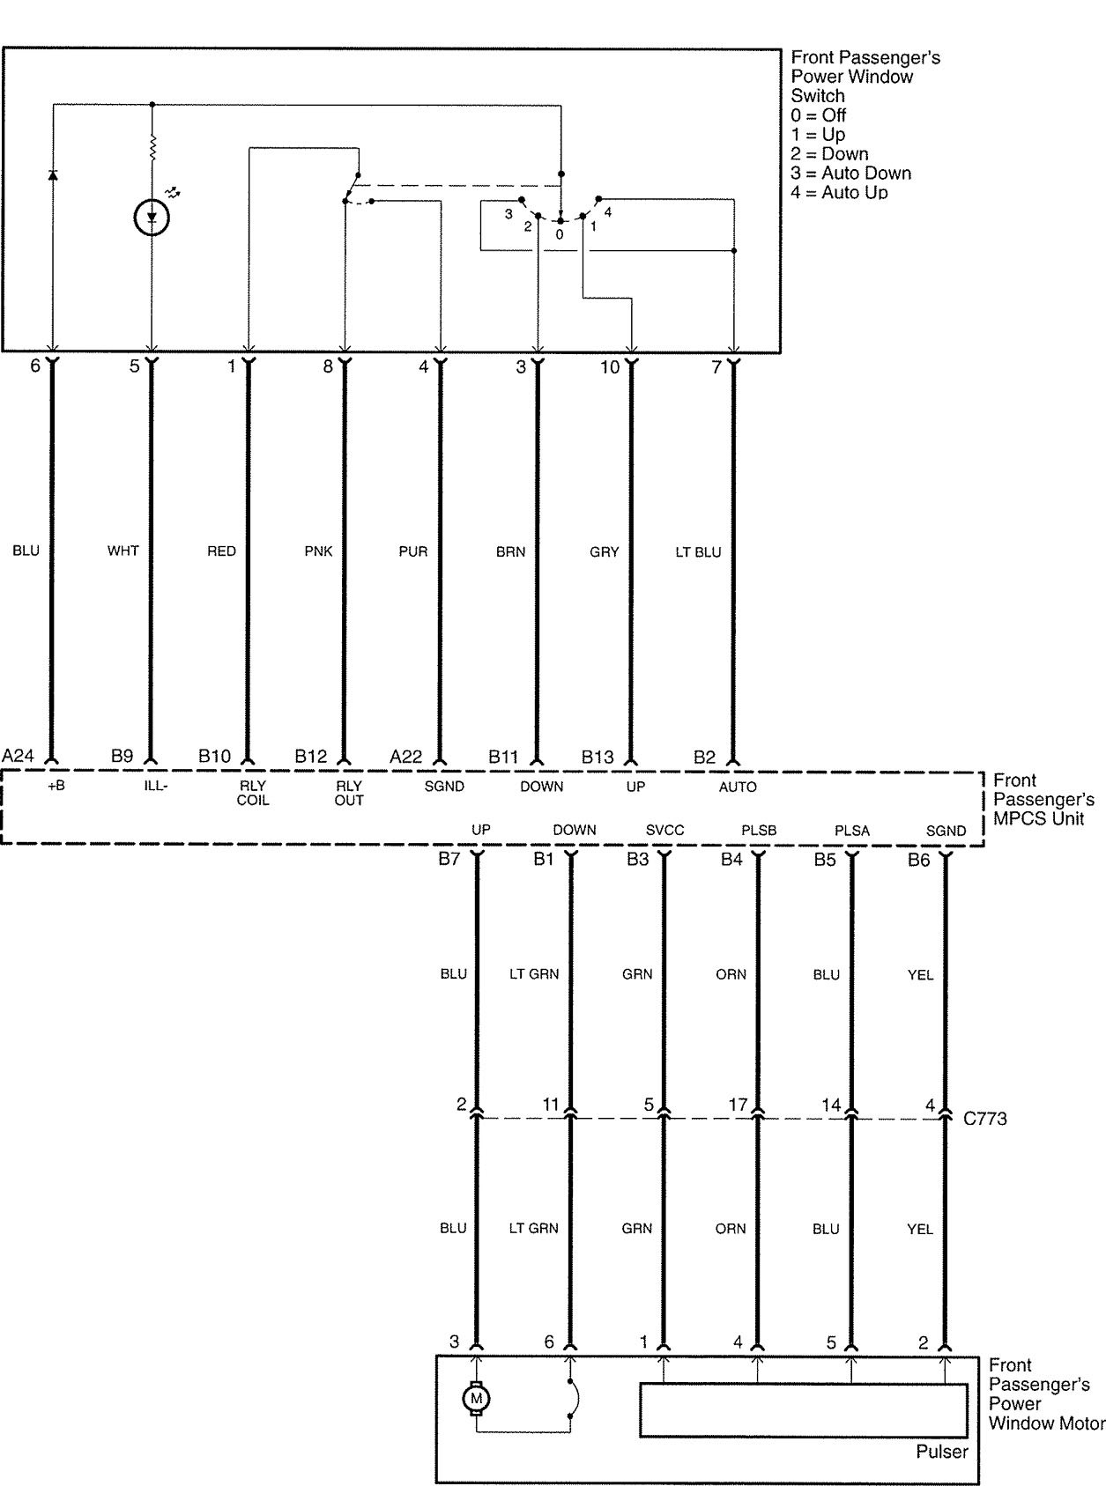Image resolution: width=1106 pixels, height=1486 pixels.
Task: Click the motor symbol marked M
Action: tap(477, 1399)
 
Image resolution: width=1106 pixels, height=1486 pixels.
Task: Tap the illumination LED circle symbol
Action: tap(152, 218)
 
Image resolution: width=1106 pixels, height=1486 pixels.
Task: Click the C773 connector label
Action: tap(984, 1119)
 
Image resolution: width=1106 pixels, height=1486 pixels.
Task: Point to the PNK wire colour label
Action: tap(318, 551)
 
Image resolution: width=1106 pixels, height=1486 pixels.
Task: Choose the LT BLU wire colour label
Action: tap(698, 552)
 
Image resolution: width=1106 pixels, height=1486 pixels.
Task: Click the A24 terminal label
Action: tap(18, 756)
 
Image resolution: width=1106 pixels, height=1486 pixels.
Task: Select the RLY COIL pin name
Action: tap(252, 793)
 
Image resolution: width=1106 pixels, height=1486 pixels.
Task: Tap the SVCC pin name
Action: tap(664, 830)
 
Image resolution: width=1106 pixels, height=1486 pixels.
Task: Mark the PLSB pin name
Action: tap(759, 830)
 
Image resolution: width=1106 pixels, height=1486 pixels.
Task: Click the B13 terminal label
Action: tap(598, 757)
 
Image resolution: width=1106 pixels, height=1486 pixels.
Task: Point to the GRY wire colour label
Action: tap(604, 552)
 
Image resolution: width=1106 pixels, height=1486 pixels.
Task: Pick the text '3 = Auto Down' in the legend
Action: tap(850, 174)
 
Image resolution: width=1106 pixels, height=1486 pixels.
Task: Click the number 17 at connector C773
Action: tap(738, 1104)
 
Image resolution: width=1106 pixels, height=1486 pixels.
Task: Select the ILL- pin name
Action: tap(155, 786)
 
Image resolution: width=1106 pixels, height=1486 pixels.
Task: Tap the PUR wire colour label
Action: tap(412, 551)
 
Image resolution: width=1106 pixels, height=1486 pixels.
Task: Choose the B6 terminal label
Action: tap(918, 860)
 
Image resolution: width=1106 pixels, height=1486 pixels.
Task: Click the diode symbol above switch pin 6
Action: tap(53, 175)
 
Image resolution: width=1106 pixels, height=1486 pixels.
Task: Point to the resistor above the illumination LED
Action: tap(152, 148)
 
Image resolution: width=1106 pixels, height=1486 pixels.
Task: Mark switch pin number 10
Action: tap(610, 367)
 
